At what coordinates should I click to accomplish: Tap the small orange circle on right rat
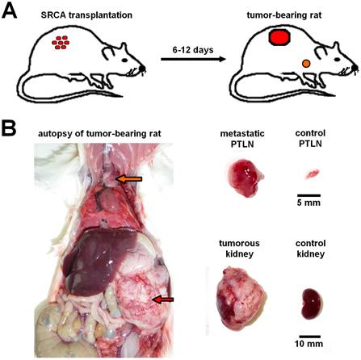pyautogui.click(x=306, y=63)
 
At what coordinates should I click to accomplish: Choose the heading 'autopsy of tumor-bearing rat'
pyautogui.click(x=95, y=133)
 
